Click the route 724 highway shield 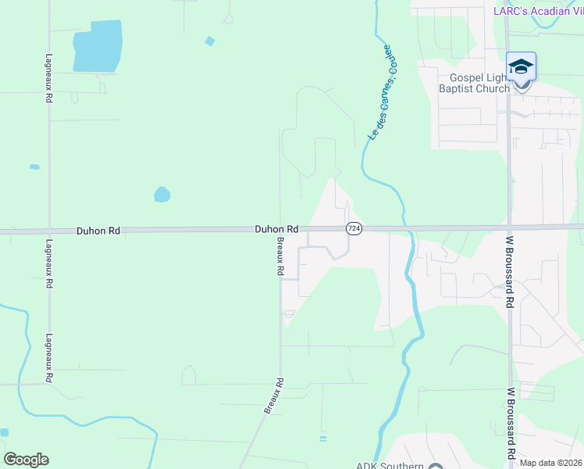[354, 228]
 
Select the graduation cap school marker [521, 68]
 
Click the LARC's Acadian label [537, 10]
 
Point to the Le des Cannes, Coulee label [379, 93]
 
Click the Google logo [26, 460]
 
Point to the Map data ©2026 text [550, 463]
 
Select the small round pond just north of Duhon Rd [162, 194]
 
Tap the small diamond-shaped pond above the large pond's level [209, 41]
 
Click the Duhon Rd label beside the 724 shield [276, 229]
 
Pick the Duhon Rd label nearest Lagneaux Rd [98, 231]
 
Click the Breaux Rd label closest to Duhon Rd [280, 256]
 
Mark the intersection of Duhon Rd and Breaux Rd [281, 230]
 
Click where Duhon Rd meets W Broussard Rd [508, 227]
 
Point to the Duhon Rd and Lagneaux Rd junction [48, 231]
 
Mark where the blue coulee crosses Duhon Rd [405, 228]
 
